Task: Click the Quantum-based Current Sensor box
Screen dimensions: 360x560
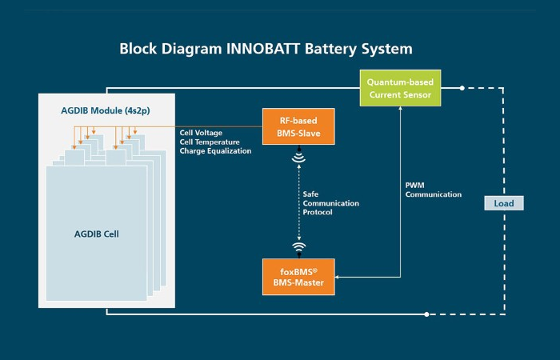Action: [x=398, y=88]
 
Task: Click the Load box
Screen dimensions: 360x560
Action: [x=504, y=203]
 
